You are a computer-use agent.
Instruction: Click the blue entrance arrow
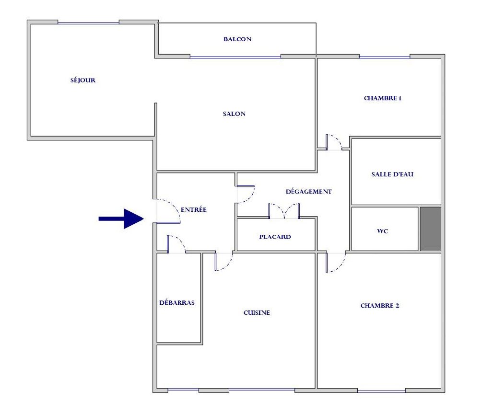point(121,218)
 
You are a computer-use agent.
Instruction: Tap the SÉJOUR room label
point(83,80)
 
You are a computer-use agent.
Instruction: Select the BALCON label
point(237,39)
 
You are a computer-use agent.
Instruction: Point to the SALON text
point(234,114)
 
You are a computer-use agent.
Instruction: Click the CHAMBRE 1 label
point(383,98)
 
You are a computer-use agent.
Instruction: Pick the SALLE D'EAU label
point(392,174)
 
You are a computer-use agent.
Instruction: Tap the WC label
point(383,231)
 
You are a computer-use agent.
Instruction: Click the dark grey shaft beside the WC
point(431,229)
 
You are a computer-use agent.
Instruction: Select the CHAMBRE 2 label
point(380,306)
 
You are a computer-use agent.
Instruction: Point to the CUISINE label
point(257,312)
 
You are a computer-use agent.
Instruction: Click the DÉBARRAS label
point(176,302)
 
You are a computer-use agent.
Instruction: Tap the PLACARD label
point(275,237)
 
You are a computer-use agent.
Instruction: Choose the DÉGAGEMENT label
point(309,192)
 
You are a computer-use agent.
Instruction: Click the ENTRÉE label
point(194,209)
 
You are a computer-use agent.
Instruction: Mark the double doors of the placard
point(284,211)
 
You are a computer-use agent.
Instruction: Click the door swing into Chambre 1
point(334,142)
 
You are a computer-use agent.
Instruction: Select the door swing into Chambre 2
point(335,262)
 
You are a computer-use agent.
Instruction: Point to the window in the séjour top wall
point(88,23)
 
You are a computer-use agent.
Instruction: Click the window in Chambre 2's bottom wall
point(381,391)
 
